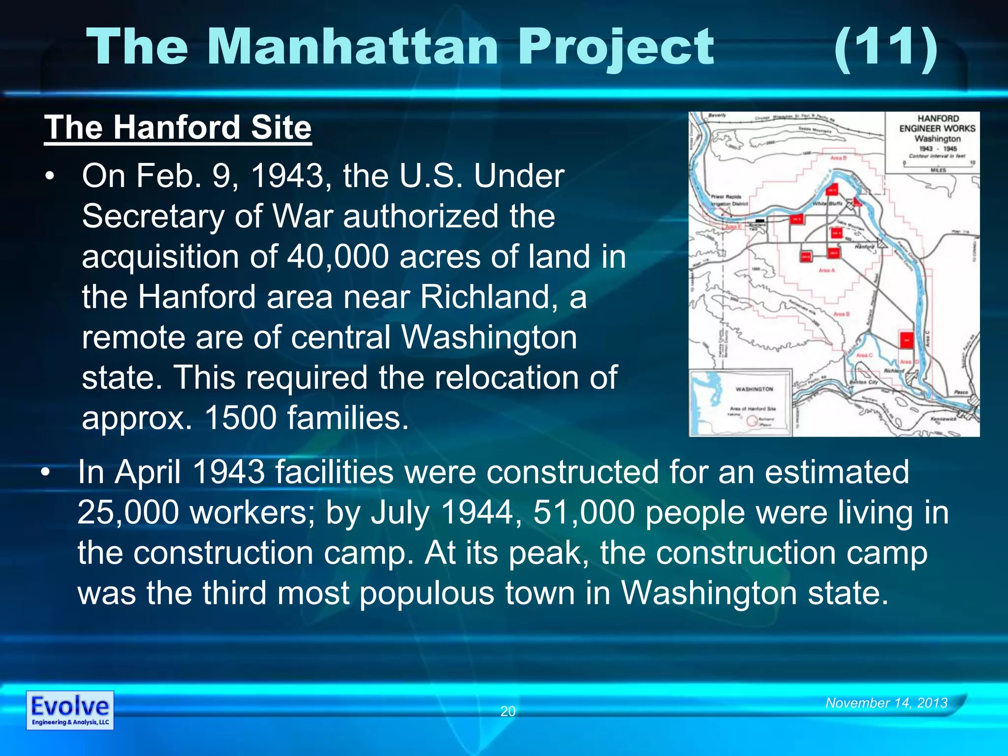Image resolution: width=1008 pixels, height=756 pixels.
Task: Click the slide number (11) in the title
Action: click(886, 48)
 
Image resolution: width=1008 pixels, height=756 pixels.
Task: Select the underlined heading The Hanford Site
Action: click(178, 128)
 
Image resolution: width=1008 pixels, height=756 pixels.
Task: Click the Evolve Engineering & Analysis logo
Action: click(70, 710)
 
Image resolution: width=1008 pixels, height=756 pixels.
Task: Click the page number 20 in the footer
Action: click(507, 711)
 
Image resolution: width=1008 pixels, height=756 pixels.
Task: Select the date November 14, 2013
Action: click(886, 703)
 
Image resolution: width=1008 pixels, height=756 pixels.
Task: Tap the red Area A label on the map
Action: click(826, 270)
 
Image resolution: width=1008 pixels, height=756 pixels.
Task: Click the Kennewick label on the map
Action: click(943, 419)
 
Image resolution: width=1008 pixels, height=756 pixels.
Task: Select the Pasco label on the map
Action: click(961, 392)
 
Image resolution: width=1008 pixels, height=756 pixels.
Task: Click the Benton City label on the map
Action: click(863, 382)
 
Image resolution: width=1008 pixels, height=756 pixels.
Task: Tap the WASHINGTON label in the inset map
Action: click(754, 389)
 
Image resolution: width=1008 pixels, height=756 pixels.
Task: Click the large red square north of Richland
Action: click(906, 340)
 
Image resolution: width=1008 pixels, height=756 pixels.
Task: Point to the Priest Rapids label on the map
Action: click(726, 197)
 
